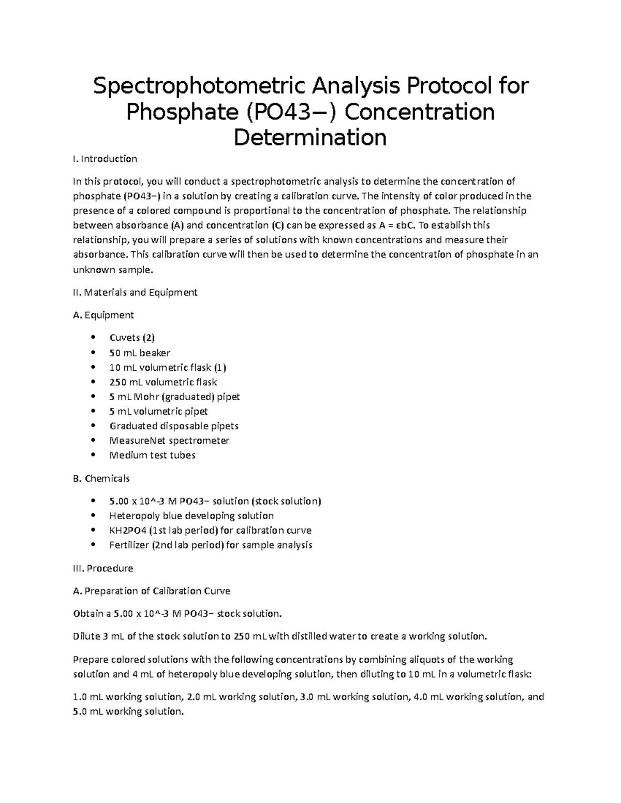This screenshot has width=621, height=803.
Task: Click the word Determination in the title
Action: tap(310, 137)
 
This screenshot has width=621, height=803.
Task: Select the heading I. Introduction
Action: tap(105, 159)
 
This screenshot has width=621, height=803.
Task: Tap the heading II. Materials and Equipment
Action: tap(135, 293)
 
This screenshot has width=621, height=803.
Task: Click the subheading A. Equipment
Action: tap(103, 315)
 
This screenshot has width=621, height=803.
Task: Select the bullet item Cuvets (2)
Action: tap(132, 338)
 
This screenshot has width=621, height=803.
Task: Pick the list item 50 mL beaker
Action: tap(140, 353)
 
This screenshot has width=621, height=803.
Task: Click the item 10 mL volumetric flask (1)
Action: tap(168, 368)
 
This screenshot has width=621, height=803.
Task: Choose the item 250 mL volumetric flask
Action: tap(163, 382)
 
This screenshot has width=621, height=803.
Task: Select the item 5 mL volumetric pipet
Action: tap(158, 412)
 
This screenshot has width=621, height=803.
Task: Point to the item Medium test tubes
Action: tap(152, 456)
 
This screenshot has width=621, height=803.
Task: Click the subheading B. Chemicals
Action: tap(101, 478)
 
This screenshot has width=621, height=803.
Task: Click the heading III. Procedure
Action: tap(103, 568)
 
